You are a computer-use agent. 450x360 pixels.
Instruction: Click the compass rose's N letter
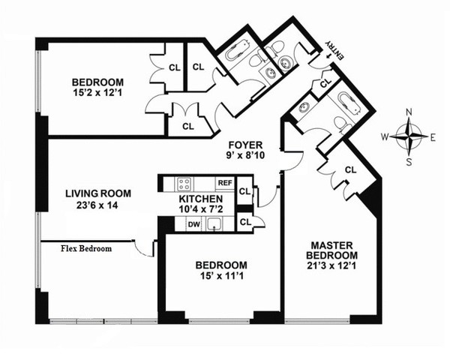(x=409, y=113)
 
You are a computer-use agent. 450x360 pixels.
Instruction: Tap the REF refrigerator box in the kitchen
(x=223, y=183)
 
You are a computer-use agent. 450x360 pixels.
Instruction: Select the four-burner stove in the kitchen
(x=183, y=183)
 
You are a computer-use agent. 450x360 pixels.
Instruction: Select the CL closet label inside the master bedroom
(x=350, y=169)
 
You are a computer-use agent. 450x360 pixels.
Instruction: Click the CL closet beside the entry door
(x=323, y=83)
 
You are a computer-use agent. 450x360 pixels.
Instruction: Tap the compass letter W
(x=385, y=137)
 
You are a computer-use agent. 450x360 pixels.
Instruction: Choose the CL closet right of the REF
(x=244, y=192)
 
